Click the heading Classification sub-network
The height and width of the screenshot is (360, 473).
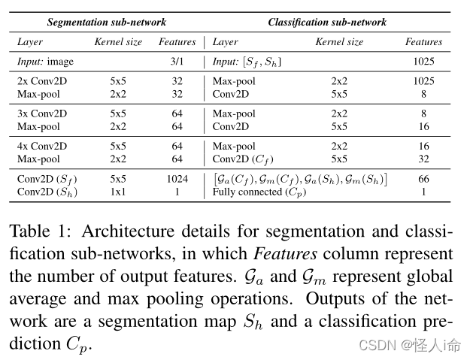pyautogui.click(x=327, y=22)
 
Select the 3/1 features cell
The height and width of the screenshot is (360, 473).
pyautogui.click(x=177, y=61)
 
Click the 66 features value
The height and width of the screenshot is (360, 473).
pyautogui.click(x=424, y=180)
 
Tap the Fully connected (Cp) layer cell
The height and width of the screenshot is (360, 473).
pyautogui.click(x=259, y=192)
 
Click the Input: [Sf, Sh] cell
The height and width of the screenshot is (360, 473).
pyautogui.click(x=247, y=61)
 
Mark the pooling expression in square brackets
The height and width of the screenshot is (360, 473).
pyautogui.click(x=300, y=180)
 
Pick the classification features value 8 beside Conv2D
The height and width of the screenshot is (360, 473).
pyautogui.click(x=424, y=94)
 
